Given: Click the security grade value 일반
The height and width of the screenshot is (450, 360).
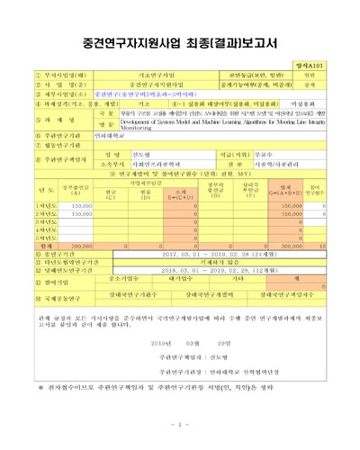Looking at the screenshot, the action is (334, 76).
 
